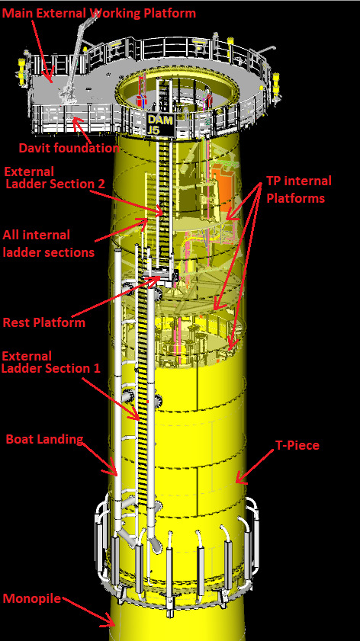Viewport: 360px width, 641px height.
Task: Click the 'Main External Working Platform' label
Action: tap(99, 13)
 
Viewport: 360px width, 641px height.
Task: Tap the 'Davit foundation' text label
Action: tap(69, 148)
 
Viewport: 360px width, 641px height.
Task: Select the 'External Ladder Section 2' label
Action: tap(55, 178)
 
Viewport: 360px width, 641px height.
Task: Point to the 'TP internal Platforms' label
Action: tap(299, 189)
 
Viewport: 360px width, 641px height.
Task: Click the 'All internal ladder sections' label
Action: tap(49, 244)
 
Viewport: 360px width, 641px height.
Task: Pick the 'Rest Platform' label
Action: tap(44, 322)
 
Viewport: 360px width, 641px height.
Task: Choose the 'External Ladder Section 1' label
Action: tap(51, 362)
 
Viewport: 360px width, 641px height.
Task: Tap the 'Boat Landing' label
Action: tap(44, 440)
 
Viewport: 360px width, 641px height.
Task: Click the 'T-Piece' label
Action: tap(297, 445)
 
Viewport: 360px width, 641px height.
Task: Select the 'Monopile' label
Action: tap(32, 599)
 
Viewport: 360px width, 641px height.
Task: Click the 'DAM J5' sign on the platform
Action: tap(161, 125)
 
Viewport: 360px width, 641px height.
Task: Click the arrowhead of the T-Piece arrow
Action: tap(239, 479)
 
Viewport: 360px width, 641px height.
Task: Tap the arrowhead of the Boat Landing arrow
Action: tap(114, 471)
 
